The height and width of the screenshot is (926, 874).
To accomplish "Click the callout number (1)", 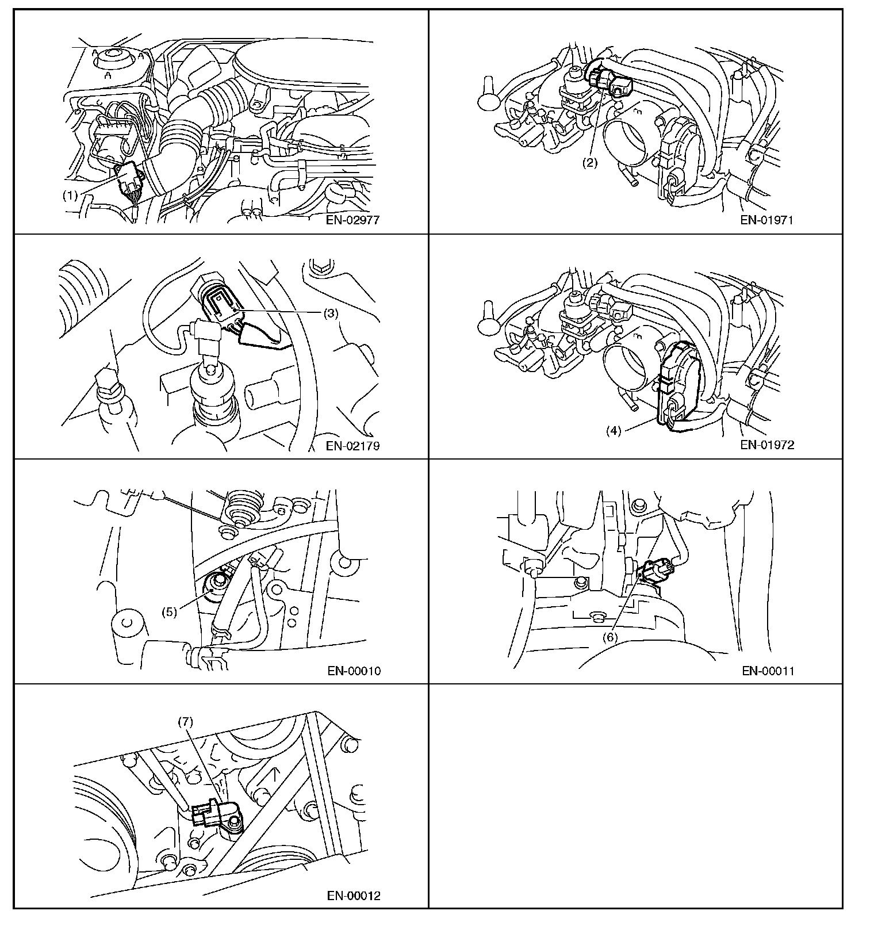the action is tap(70, 195).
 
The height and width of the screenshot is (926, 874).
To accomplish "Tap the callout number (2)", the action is tap(591, 163).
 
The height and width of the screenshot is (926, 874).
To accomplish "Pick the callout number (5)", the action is tap(168, 611).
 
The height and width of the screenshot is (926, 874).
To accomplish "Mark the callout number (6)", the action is tap(609, 637).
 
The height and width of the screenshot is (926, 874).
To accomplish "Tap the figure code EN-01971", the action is tap(767, 220).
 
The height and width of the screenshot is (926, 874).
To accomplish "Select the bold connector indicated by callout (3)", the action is tap(218, 299).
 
